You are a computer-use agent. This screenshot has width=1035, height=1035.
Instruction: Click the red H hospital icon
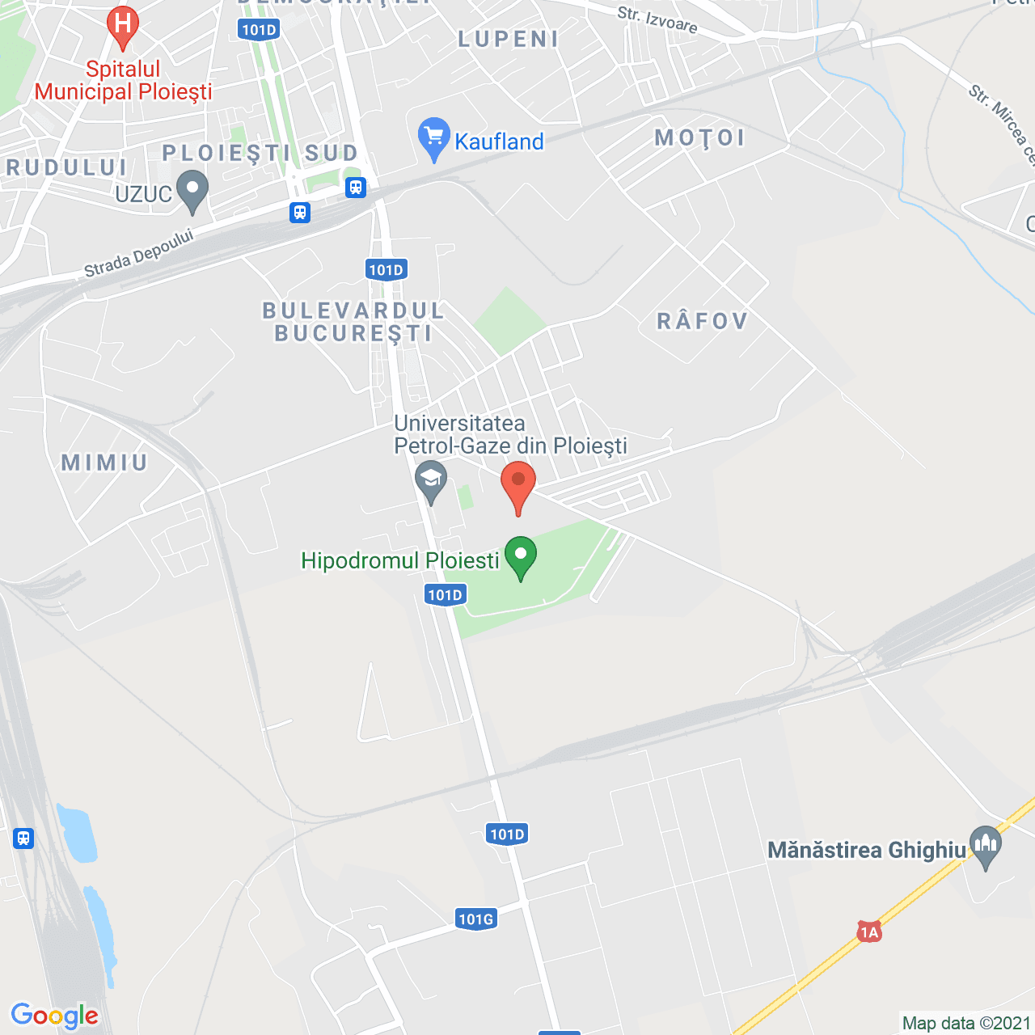[x=123, y=24]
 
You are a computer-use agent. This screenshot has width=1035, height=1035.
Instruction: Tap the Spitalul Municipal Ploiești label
[x=123, y=81]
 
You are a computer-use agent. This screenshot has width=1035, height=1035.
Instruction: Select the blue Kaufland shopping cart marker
[x=434, y=137]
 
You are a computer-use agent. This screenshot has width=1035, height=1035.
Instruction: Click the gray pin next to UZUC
[x=192, y=191]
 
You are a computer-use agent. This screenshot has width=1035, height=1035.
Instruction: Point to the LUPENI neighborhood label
[x=509, y=39]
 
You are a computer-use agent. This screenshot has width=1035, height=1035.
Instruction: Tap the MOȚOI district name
[x=699, y=138]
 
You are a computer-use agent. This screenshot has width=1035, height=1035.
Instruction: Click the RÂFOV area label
[x=702, y=321]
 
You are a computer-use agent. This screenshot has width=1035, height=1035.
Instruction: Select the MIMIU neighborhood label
[x=105, y=463]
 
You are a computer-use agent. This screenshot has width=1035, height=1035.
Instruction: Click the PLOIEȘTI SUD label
[x=260, y=153]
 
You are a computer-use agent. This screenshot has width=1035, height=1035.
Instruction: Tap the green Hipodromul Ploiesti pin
[x=521, y=556]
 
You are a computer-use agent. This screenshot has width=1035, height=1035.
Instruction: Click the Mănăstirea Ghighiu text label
[x=866, y=850]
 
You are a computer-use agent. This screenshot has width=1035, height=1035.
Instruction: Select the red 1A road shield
[x=868, y=932]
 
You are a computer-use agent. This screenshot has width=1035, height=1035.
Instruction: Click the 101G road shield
[x=475, y=919]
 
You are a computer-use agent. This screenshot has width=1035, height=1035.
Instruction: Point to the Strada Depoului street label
[x=139, y=253]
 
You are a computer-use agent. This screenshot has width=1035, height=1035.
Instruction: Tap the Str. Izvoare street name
[x=657, y=19]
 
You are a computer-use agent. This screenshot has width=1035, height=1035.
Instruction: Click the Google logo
[x=55, y=1016]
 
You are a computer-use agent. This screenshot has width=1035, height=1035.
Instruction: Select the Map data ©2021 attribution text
[x=966, y=1023]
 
